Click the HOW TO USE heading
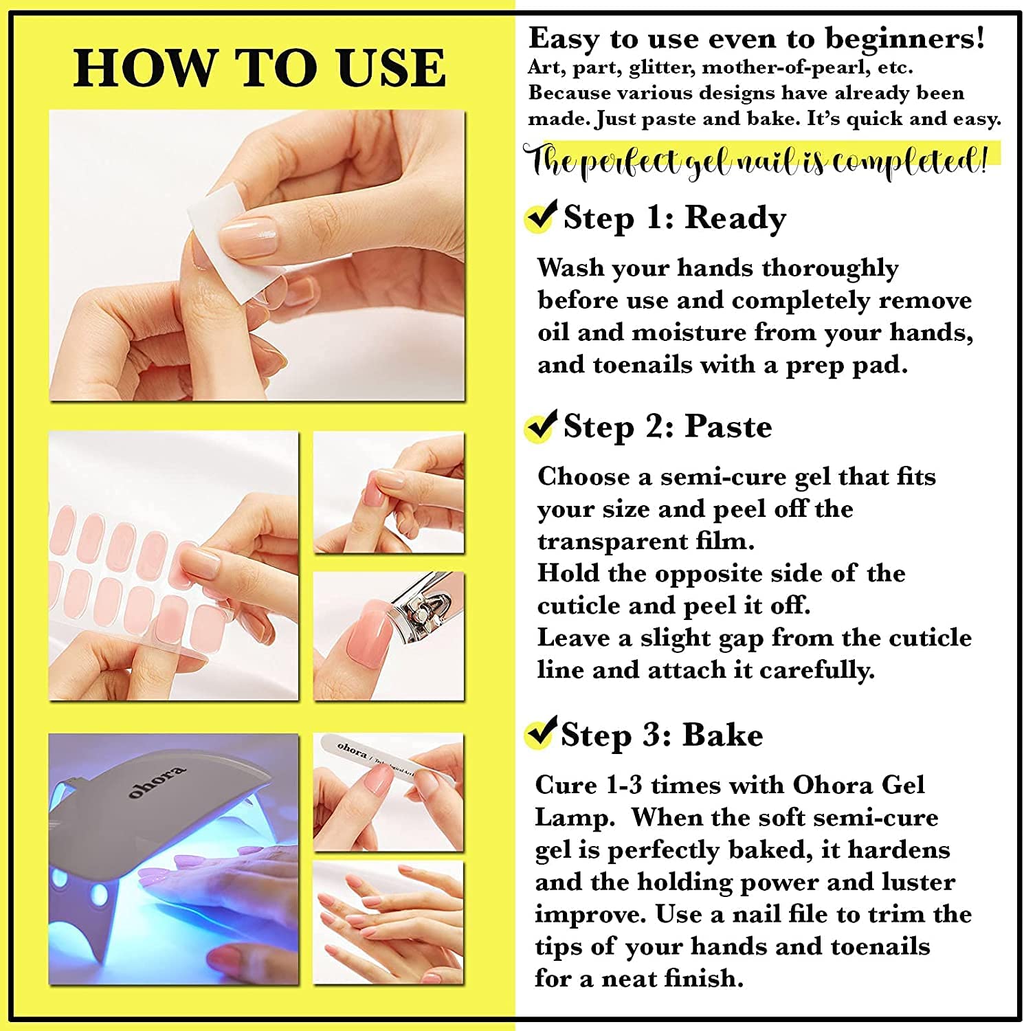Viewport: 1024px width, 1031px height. click(260, 68)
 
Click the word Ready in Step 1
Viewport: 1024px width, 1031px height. click(735, 219)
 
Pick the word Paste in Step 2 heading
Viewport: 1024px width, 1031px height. click(728, 427)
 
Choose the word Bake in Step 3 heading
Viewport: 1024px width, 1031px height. click(723, 735)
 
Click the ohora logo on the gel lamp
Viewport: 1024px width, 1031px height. click(157, 782)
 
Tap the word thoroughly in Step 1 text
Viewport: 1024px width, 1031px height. click(830, 269)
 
